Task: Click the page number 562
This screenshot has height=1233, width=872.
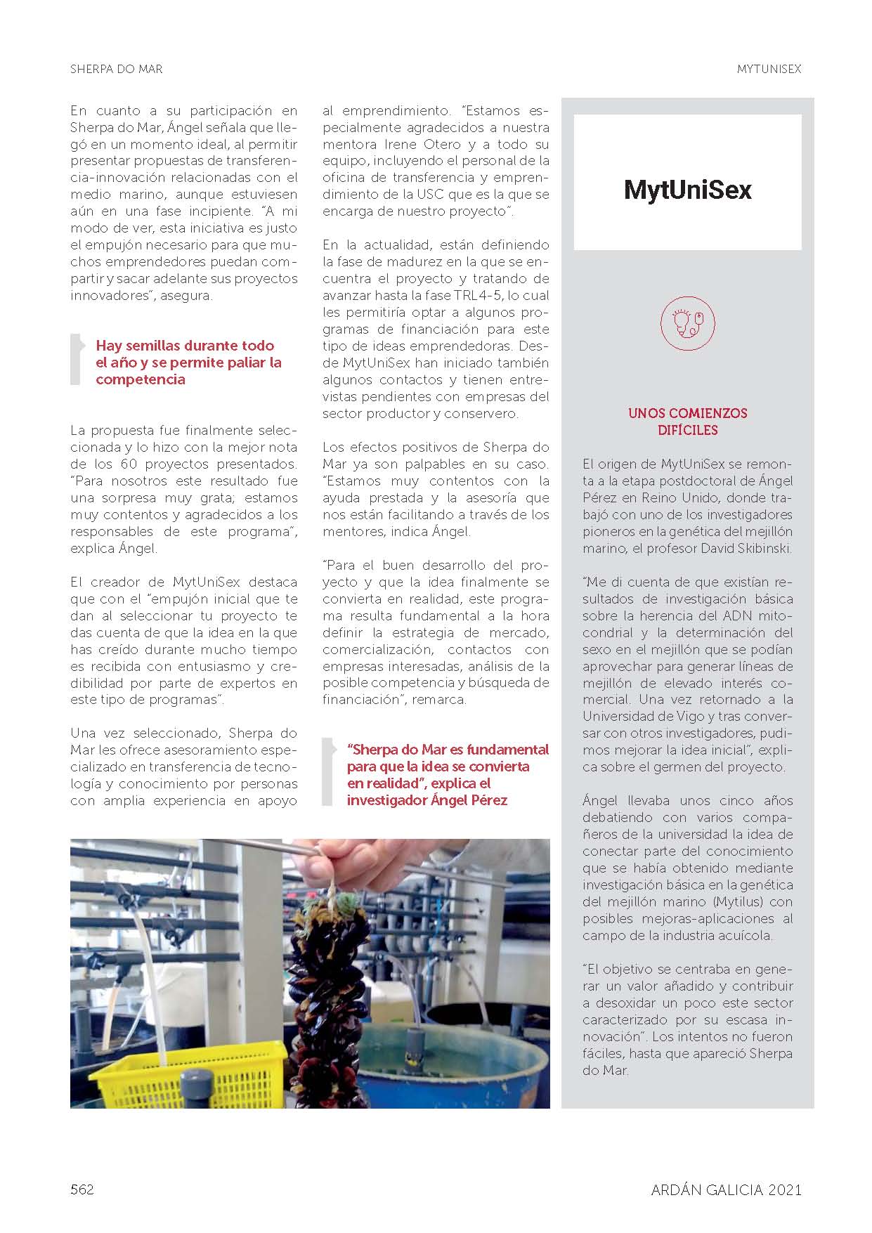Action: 82,1189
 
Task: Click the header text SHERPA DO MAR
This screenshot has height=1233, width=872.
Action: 117,69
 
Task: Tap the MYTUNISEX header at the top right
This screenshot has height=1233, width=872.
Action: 769,69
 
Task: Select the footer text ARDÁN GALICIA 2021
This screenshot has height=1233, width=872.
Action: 726,1189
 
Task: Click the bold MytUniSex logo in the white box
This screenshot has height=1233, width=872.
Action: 687,190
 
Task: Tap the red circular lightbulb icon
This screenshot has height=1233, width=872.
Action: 687,322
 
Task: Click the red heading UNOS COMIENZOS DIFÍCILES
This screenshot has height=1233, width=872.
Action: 687,422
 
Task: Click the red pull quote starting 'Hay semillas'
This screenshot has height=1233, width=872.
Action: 188,363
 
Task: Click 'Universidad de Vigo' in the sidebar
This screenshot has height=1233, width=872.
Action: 646,716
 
